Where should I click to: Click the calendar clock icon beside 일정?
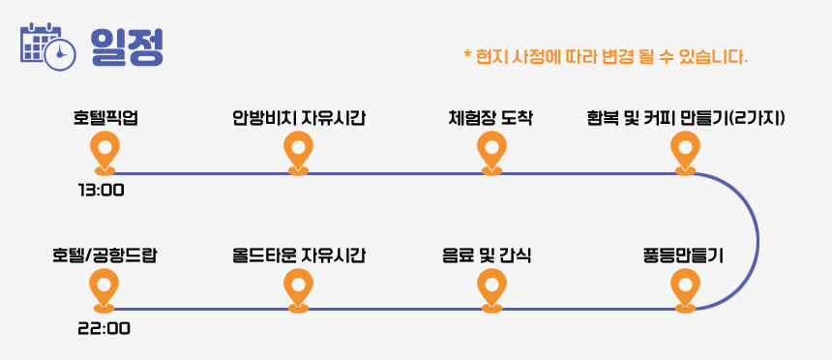(47, 46)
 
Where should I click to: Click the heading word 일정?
(127, 46)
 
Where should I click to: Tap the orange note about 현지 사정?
(606, 56)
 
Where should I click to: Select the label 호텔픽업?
(105, 118)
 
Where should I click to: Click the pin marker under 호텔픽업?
(105, 153)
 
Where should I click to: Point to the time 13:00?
(101, 190)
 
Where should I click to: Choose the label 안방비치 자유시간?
(299, 118)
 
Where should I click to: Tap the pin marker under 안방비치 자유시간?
(298, 153)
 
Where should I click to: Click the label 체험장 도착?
(490, 118)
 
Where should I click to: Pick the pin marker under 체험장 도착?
(491, 153)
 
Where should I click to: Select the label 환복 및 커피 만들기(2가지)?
(686, 118)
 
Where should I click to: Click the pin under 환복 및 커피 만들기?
(685, 153)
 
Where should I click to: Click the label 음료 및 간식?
(487, 256)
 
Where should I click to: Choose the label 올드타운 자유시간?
(299, 256)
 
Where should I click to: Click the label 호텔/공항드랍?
(105, 256)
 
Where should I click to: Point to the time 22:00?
(104, 329)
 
